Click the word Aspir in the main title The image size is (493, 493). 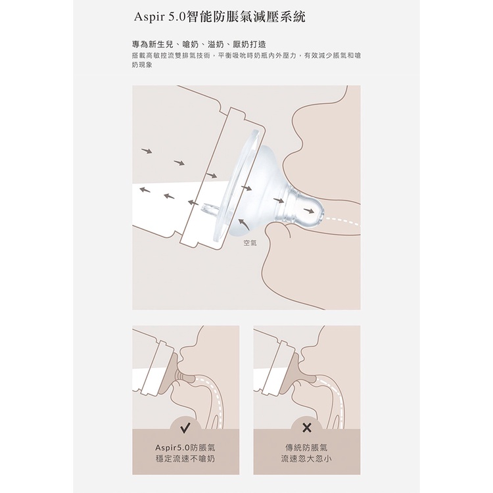coord(149,17)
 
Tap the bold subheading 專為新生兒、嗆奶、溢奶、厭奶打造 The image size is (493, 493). coord(199,44)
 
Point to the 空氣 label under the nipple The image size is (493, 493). coord(250,243)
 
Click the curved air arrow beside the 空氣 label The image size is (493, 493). coord(243,223)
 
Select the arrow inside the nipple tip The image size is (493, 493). coord(309,210)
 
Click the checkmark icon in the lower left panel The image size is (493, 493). coord(185,427)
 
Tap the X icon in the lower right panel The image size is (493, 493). coord(306,428)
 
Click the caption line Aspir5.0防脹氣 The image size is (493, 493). coord(185,448)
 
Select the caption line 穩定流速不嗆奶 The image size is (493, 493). coord(185,459)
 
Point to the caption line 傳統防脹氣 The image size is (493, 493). coord(306,448)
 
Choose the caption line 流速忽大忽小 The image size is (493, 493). coord(306,459)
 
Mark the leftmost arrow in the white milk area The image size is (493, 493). coord(145,189)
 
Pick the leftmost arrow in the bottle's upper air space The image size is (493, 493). coord(147,151)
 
